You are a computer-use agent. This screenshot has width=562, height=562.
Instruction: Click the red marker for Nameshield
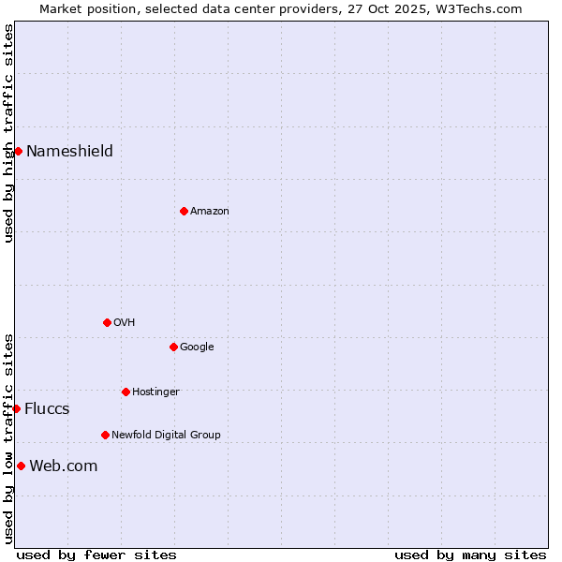coord(18,151)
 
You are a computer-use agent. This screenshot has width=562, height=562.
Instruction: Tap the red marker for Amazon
coord(184,211)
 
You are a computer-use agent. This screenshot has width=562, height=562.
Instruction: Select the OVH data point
coord(107,322)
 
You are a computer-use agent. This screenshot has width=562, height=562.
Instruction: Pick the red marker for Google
coord(173,347)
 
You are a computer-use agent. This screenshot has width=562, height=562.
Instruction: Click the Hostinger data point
coord(126,392)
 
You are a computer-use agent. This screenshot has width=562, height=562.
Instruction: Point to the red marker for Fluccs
coord(16,408)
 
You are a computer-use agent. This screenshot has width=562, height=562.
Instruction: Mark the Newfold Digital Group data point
coord(105,435)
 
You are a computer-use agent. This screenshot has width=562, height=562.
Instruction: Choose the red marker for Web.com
coord(21,466)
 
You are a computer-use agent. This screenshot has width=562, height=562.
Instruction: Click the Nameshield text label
coord(69,151)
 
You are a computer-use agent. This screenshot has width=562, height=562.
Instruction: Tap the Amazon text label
coord(210,211)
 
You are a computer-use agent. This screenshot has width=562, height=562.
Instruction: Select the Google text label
coord(197,347)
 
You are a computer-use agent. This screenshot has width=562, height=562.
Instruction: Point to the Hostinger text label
coord(155,392)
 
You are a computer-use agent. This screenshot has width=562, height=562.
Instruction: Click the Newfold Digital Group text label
coord(166,435)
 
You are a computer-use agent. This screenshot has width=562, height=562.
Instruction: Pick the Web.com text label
coord(63,466)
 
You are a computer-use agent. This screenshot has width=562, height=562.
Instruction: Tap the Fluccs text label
coord(47,408)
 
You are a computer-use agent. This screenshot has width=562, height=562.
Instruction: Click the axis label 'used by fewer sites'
coord(96,555)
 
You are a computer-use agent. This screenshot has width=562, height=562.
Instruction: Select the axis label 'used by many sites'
coord(470,555)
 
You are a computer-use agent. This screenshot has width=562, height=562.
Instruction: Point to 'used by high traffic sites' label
coord(8,133)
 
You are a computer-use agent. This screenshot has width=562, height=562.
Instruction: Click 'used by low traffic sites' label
coord(8,437)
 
